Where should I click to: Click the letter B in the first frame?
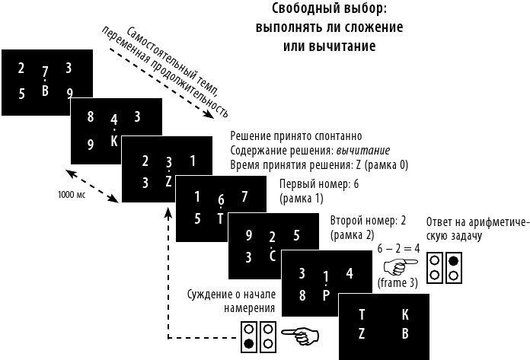45,91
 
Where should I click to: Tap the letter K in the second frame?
113,140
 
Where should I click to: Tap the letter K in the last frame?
404,314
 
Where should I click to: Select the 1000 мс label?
72,195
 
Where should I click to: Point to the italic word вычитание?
364,150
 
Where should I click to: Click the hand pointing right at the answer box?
400,266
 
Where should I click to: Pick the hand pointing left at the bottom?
299,334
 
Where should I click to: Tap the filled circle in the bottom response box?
250,343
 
